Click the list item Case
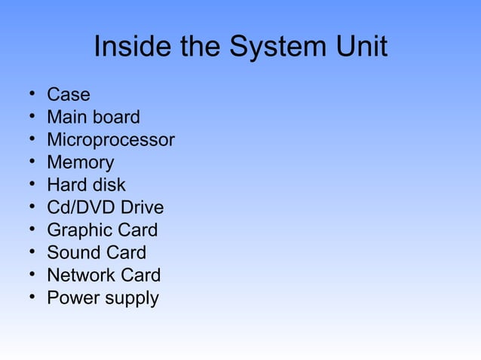pos(68,95)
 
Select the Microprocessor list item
pos(111,140)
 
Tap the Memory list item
pos(80,163)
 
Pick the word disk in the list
pos(109,185)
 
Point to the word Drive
pos(142,208)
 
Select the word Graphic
pos(79,230)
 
